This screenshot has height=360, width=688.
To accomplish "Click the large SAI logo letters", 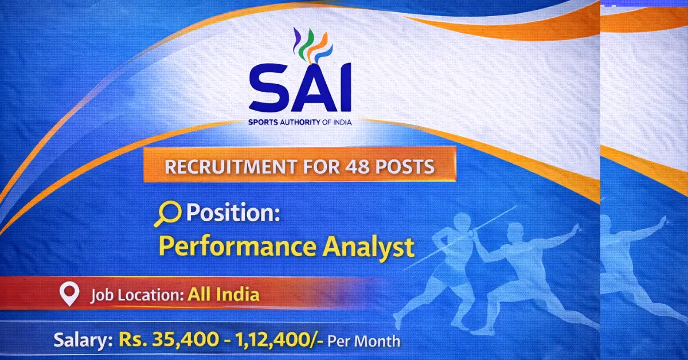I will pos(299,89).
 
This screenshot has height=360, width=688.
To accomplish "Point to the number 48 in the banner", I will pos(359,167).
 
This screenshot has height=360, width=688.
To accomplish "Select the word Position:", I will pos(233,213).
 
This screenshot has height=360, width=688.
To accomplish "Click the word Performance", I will pos(237,246).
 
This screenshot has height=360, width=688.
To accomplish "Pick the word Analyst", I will pos(368,246).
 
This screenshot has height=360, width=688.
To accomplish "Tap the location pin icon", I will pos(69,295).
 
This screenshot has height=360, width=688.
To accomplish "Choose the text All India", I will pos(224,295).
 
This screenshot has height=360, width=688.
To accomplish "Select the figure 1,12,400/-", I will pos(275,340).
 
